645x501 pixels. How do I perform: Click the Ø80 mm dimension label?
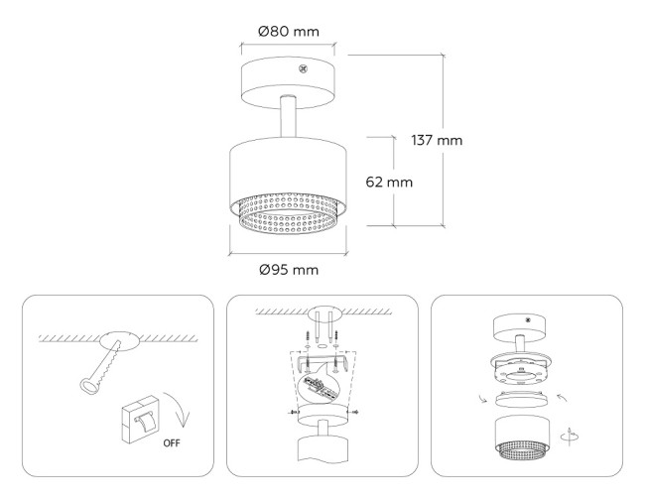coord(289,31)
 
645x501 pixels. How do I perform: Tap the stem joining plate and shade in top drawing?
coord(288,118)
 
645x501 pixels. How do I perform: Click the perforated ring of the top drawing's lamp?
coord(288,219)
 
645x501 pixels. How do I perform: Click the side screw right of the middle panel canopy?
coord(354,410)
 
